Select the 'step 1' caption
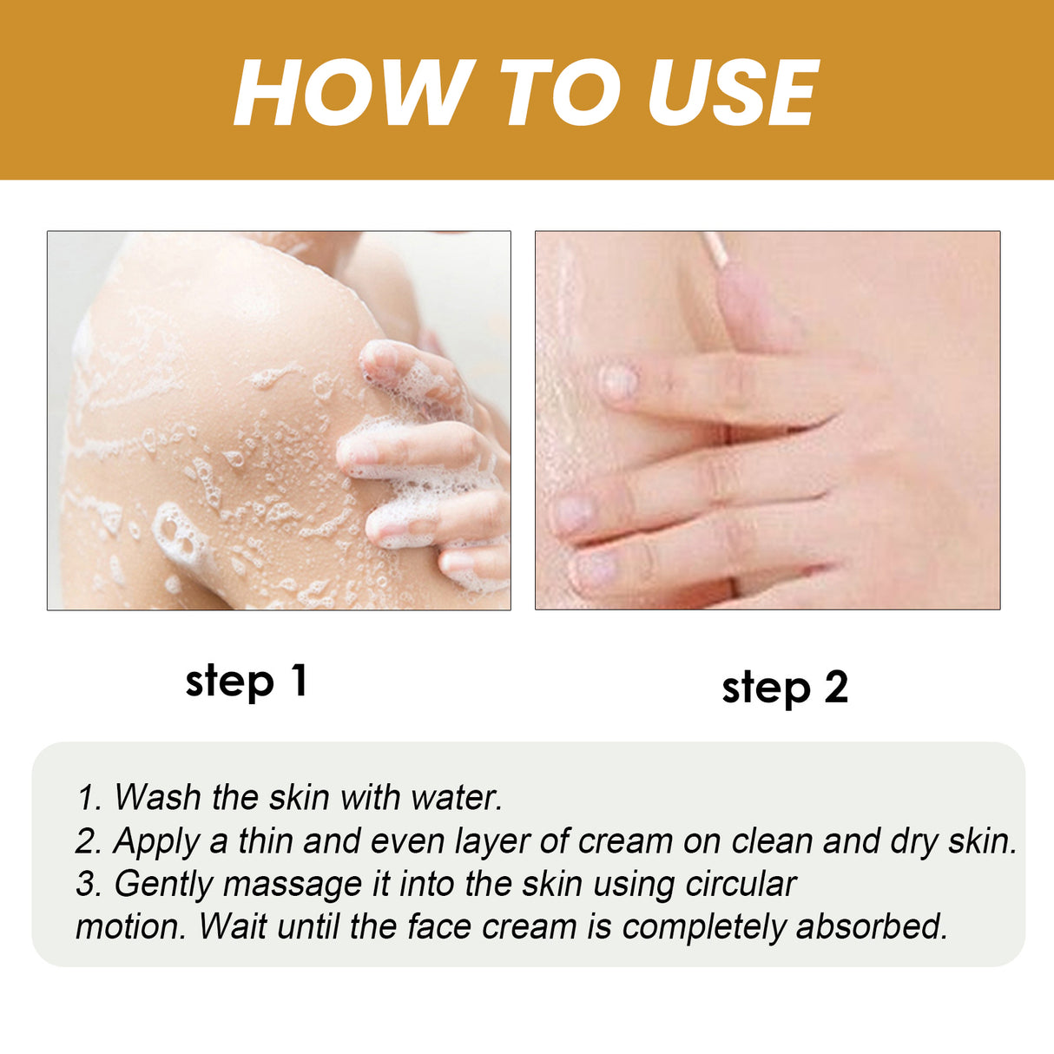(247, 682)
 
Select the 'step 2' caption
(785, 688)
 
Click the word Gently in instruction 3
(164, 885)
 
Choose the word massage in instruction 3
(292, 885)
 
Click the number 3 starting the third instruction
(87, 884)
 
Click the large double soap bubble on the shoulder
(179, 533)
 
